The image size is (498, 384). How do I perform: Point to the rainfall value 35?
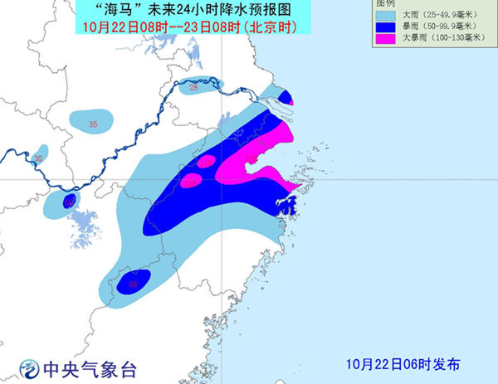click(93, 124)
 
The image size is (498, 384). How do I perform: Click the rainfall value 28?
click(193, 87)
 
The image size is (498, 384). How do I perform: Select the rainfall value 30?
click(37, 158)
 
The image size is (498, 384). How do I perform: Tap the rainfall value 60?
click(133, 284)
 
